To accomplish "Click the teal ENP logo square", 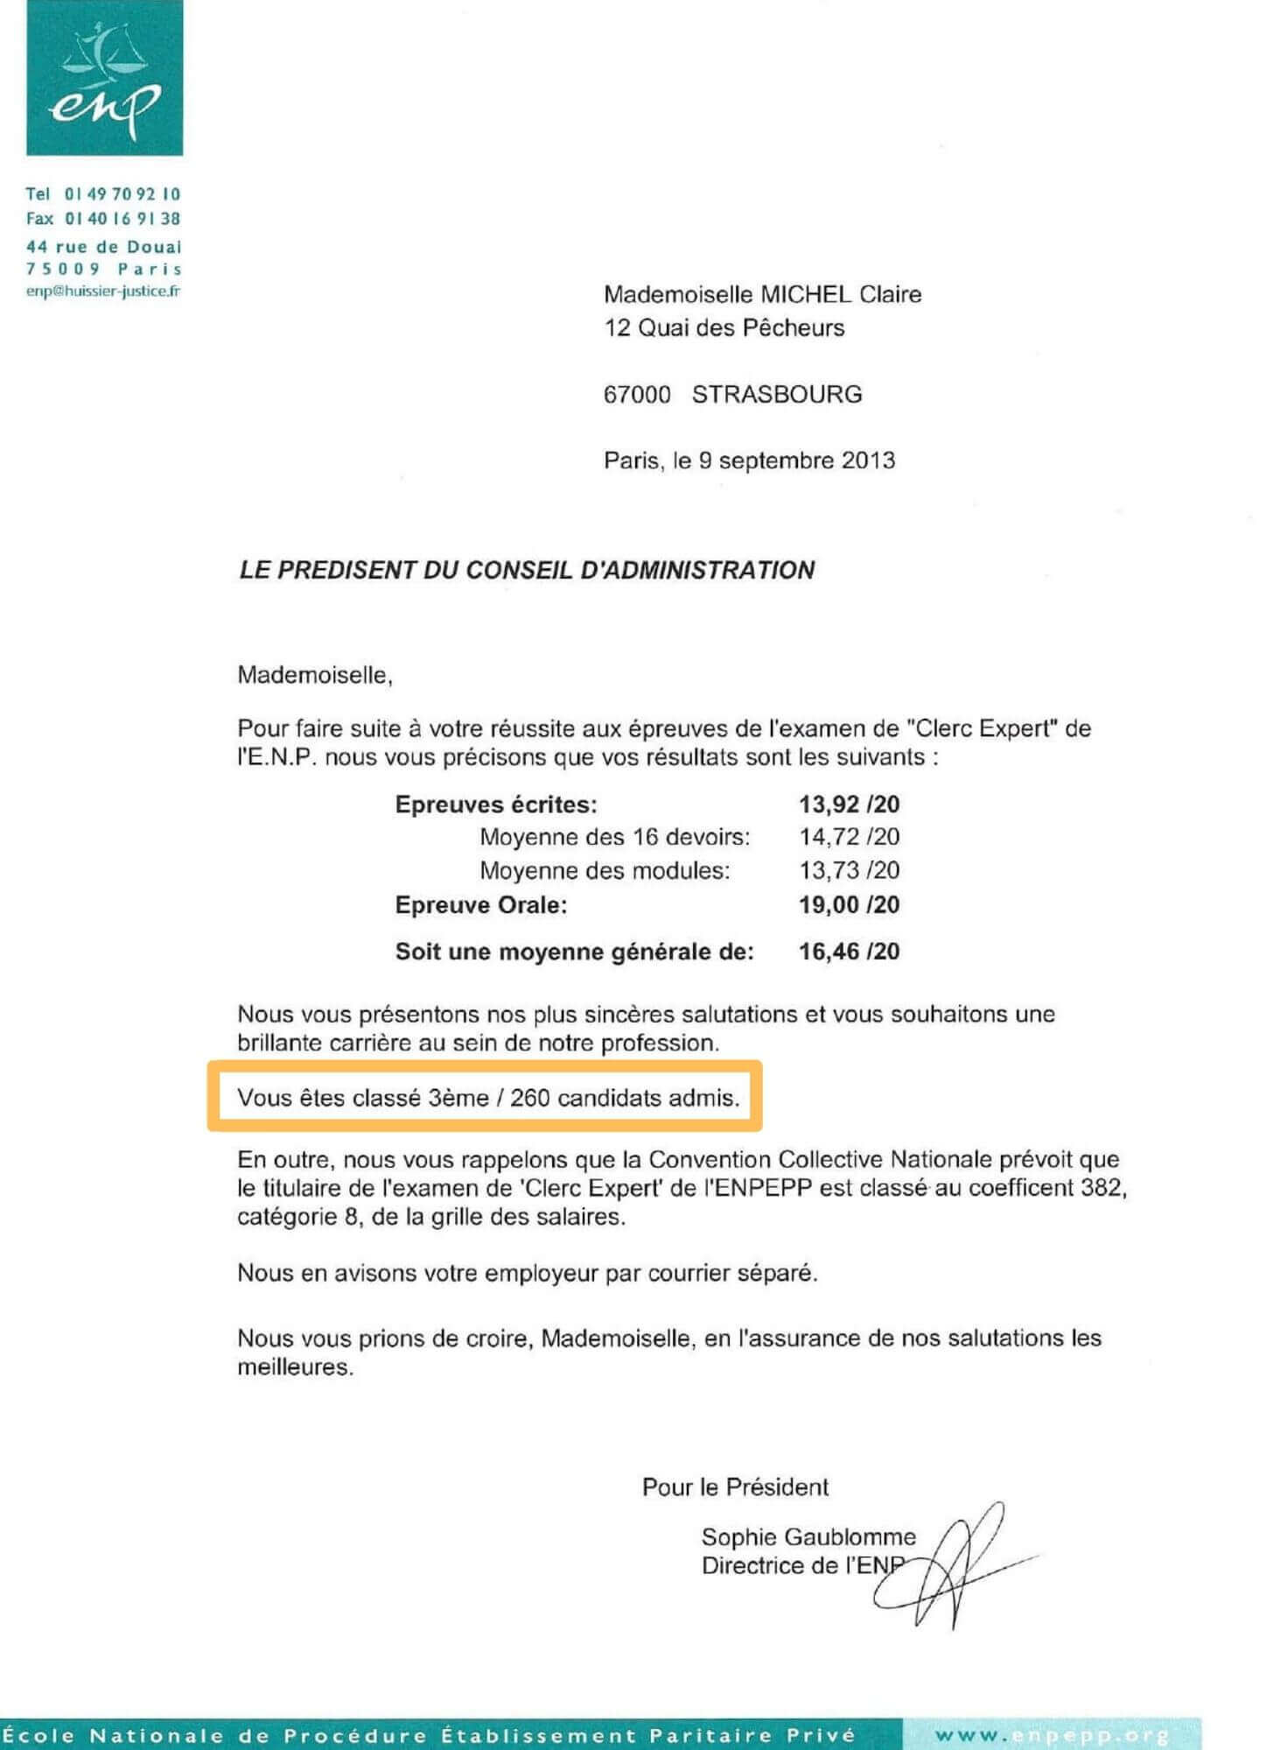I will (x=104, y=78).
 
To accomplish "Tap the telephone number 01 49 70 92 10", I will (x=122, y=193).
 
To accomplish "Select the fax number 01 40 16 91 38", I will (x=122, y=219).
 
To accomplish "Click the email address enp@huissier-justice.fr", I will (x=103, y=292).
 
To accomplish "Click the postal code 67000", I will (x=637, y=394).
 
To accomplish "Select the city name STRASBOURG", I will (x=777, y=394).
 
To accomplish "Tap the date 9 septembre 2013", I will (x=796, y=460).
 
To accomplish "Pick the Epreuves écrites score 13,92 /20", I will (x=849, y=804).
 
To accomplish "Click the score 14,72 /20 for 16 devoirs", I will (x=849, y=837).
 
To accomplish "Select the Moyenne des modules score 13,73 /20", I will (x=849, y=870).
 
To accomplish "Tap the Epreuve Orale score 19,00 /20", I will (x=849, y=904).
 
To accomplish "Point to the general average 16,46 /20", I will (x=849, y=952).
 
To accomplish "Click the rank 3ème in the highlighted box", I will (x=458, y=1098).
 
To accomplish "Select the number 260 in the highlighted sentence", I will (x=529, y=1098).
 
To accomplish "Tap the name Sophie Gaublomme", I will (x=808, y=1536).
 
